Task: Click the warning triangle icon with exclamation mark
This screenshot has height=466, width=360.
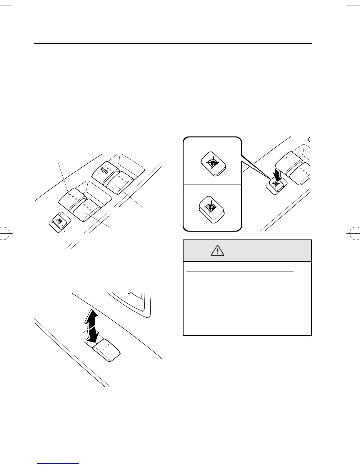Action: point(217,251)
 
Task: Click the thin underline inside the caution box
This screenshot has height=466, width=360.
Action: point(240,272)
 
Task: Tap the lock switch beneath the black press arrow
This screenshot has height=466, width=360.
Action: point(275,185)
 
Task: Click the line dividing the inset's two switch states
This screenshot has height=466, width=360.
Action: point(212,184)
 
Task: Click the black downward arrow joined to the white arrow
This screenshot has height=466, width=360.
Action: point(93,335)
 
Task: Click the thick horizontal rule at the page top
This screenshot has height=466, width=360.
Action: point(173,44)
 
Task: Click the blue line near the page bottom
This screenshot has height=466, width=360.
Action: point(59,463)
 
